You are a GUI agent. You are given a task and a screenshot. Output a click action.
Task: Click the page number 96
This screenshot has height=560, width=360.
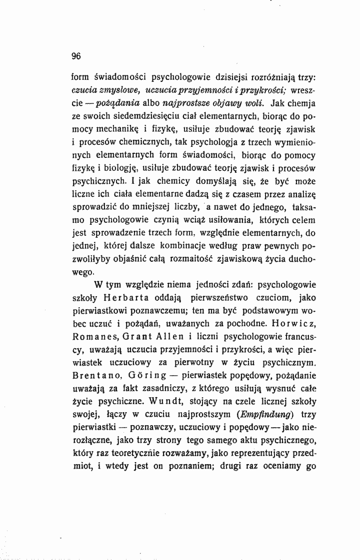coord(76,55)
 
